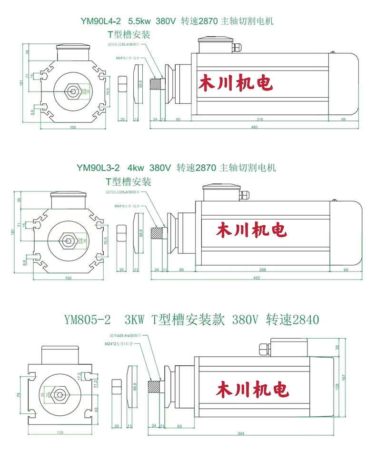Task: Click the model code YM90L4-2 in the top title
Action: pyautogui.click(x=99, y=21)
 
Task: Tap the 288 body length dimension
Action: pyautogui.click(x=263, y=270)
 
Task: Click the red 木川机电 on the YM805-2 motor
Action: pyautogui.click(x=252, y=389)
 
